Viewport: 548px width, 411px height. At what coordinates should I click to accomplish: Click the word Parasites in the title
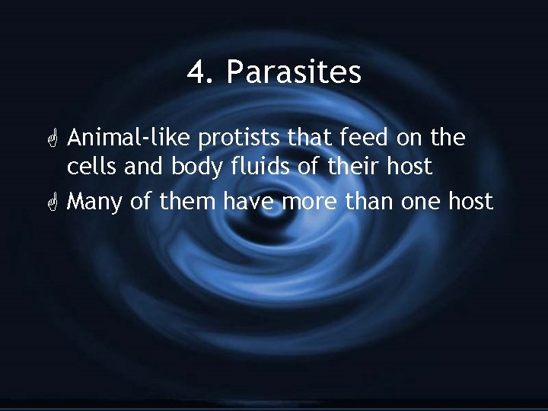(294, 73)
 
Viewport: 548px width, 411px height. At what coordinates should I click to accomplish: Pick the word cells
(88, 167)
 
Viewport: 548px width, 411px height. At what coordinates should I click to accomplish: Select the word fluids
(247, 167)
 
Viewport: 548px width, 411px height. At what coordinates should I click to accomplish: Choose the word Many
(94, 202)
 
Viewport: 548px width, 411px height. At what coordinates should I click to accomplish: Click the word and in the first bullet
(135, 167)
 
